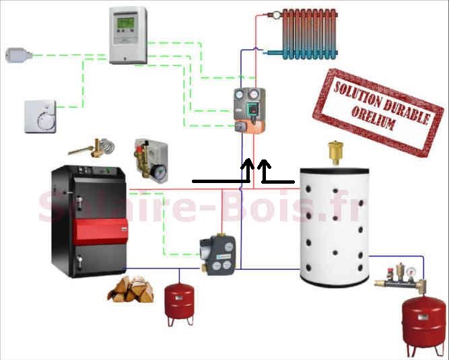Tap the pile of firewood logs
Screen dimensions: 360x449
[129, 289]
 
